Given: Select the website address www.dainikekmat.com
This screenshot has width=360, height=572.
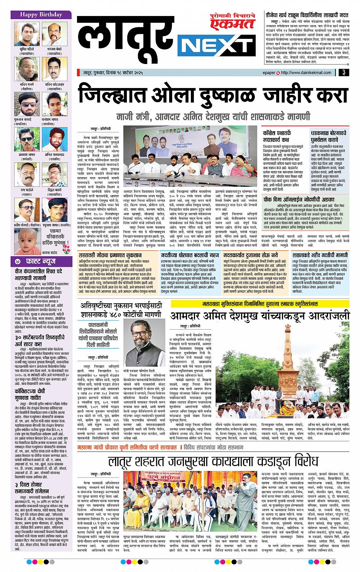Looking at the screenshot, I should (311, 72).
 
